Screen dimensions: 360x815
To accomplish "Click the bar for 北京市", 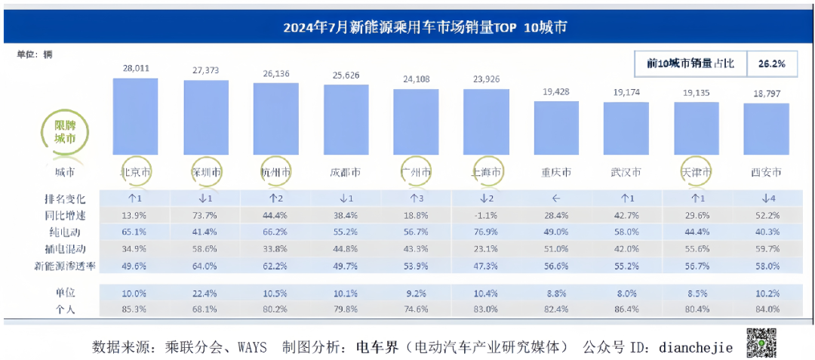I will (x=135, y=116).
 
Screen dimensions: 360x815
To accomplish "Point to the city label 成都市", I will (x=345, y=172).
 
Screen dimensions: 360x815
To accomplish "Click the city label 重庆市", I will (x=556, y=172).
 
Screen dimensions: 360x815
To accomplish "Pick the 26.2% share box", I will (x=773, y=64).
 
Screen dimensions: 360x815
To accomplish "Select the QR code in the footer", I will (x=763, y=342).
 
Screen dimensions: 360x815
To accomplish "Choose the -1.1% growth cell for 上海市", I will (x=487, y=216).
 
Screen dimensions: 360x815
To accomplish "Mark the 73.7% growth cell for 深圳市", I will (x=205, y=216).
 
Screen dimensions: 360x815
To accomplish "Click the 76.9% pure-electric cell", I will (x=487, y=232).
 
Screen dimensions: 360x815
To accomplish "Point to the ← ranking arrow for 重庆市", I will (x=556, y=199).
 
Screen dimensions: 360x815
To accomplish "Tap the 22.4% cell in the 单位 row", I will (x=205, y=292).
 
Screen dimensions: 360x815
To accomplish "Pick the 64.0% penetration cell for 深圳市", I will (x=205, y=265).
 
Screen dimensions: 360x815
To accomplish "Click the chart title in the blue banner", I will (x=425, y=28).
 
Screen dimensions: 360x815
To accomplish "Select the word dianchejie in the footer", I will (x=696, y=347).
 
